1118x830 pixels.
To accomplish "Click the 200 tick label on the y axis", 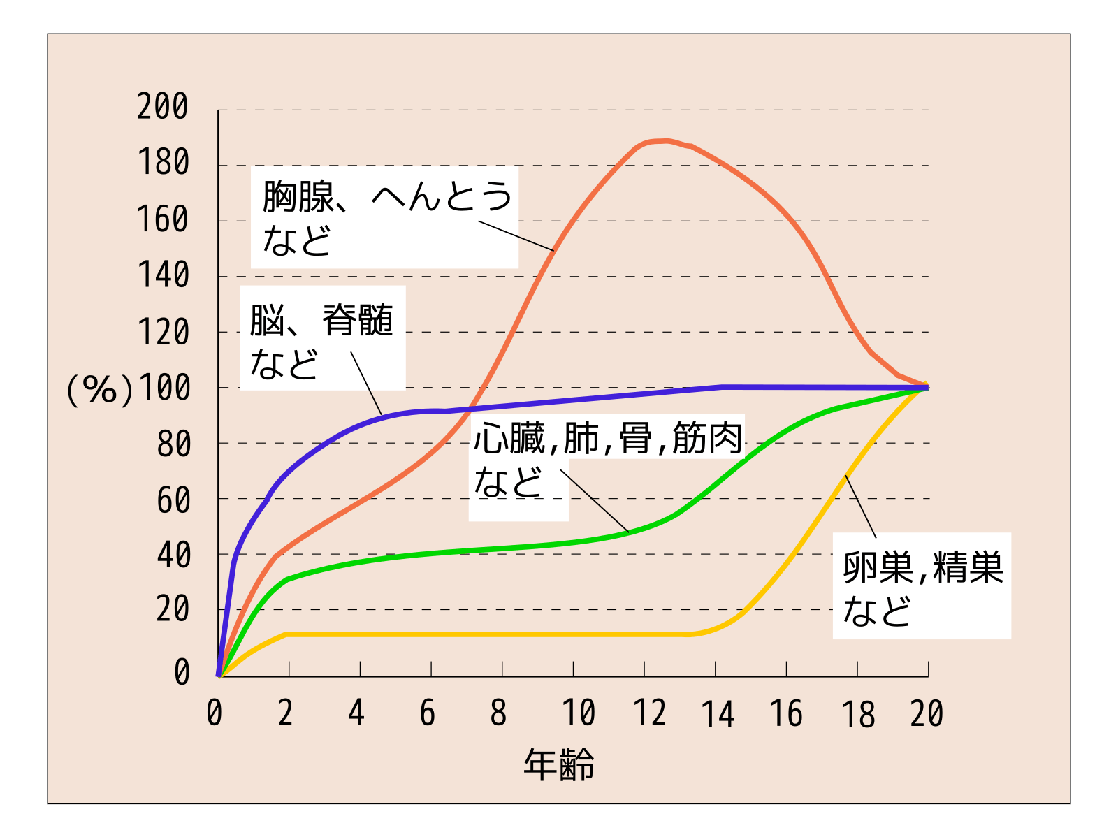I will click(163, 107).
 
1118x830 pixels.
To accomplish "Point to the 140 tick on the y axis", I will click(163, 275).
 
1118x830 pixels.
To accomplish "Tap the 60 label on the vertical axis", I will click(173, 501).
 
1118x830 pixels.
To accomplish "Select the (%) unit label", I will click(99, 389).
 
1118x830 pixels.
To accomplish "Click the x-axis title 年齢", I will click(559, 764).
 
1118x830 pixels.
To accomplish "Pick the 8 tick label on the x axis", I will click(498, 713).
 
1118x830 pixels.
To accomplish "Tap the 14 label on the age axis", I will click(718, 715).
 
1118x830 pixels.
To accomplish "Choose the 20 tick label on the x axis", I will click(927, 714).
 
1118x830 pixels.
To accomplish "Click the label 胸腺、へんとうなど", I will click(385, 217).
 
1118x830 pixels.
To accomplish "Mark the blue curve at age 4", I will click(361, 423).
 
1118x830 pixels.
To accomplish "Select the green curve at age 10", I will click(573, 542).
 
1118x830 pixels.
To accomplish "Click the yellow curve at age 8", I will click(502, 634).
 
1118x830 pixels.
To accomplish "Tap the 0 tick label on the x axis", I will click(215, 713).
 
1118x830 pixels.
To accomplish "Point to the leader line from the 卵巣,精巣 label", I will click(860, 507).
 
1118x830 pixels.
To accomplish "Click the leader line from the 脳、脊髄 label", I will click(366, 384).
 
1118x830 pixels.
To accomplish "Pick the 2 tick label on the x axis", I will click(285, 713).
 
